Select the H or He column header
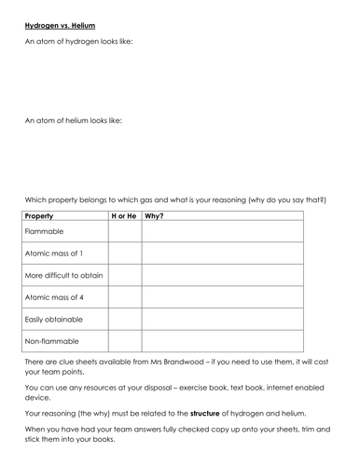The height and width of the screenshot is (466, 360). pyautogui.click(x=124, y=216)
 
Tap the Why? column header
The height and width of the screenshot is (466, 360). pyautogui.click(x=154, y=216)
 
